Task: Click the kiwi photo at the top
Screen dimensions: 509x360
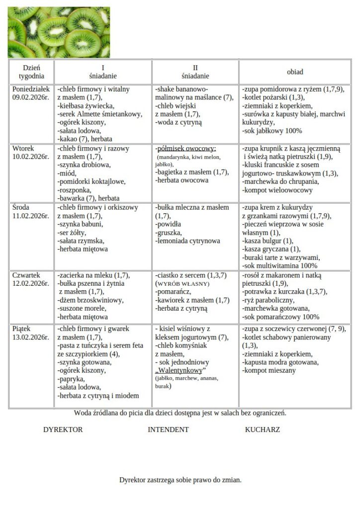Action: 59,32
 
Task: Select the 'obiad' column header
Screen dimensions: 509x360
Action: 294,72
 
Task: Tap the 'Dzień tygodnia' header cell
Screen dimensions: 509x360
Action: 31,72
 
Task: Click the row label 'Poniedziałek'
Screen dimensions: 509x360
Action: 31,89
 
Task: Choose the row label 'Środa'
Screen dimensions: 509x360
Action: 21,207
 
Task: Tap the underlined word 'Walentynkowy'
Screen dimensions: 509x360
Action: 180,371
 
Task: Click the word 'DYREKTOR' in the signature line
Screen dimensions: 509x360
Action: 63,429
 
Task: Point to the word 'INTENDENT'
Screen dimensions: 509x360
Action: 168,429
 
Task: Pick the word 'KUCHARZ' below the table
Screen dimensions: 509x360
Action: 262,429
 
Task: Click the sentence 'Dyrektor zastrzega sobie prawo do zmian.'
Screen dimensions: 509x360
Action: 180,480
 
